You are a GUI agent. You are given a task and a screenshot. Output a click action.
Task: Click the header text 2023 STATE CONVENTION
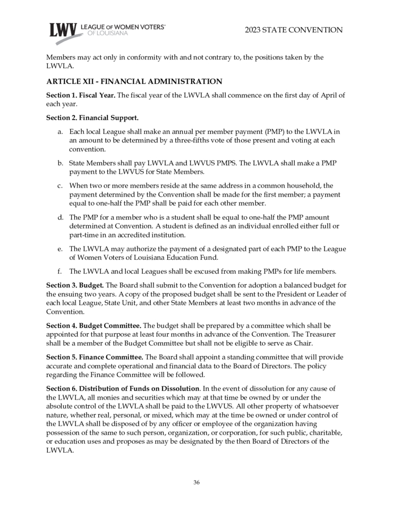coord(294,30)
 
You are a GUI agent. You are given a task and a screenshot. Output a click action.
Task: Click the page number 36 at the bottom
coord(196,482)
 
